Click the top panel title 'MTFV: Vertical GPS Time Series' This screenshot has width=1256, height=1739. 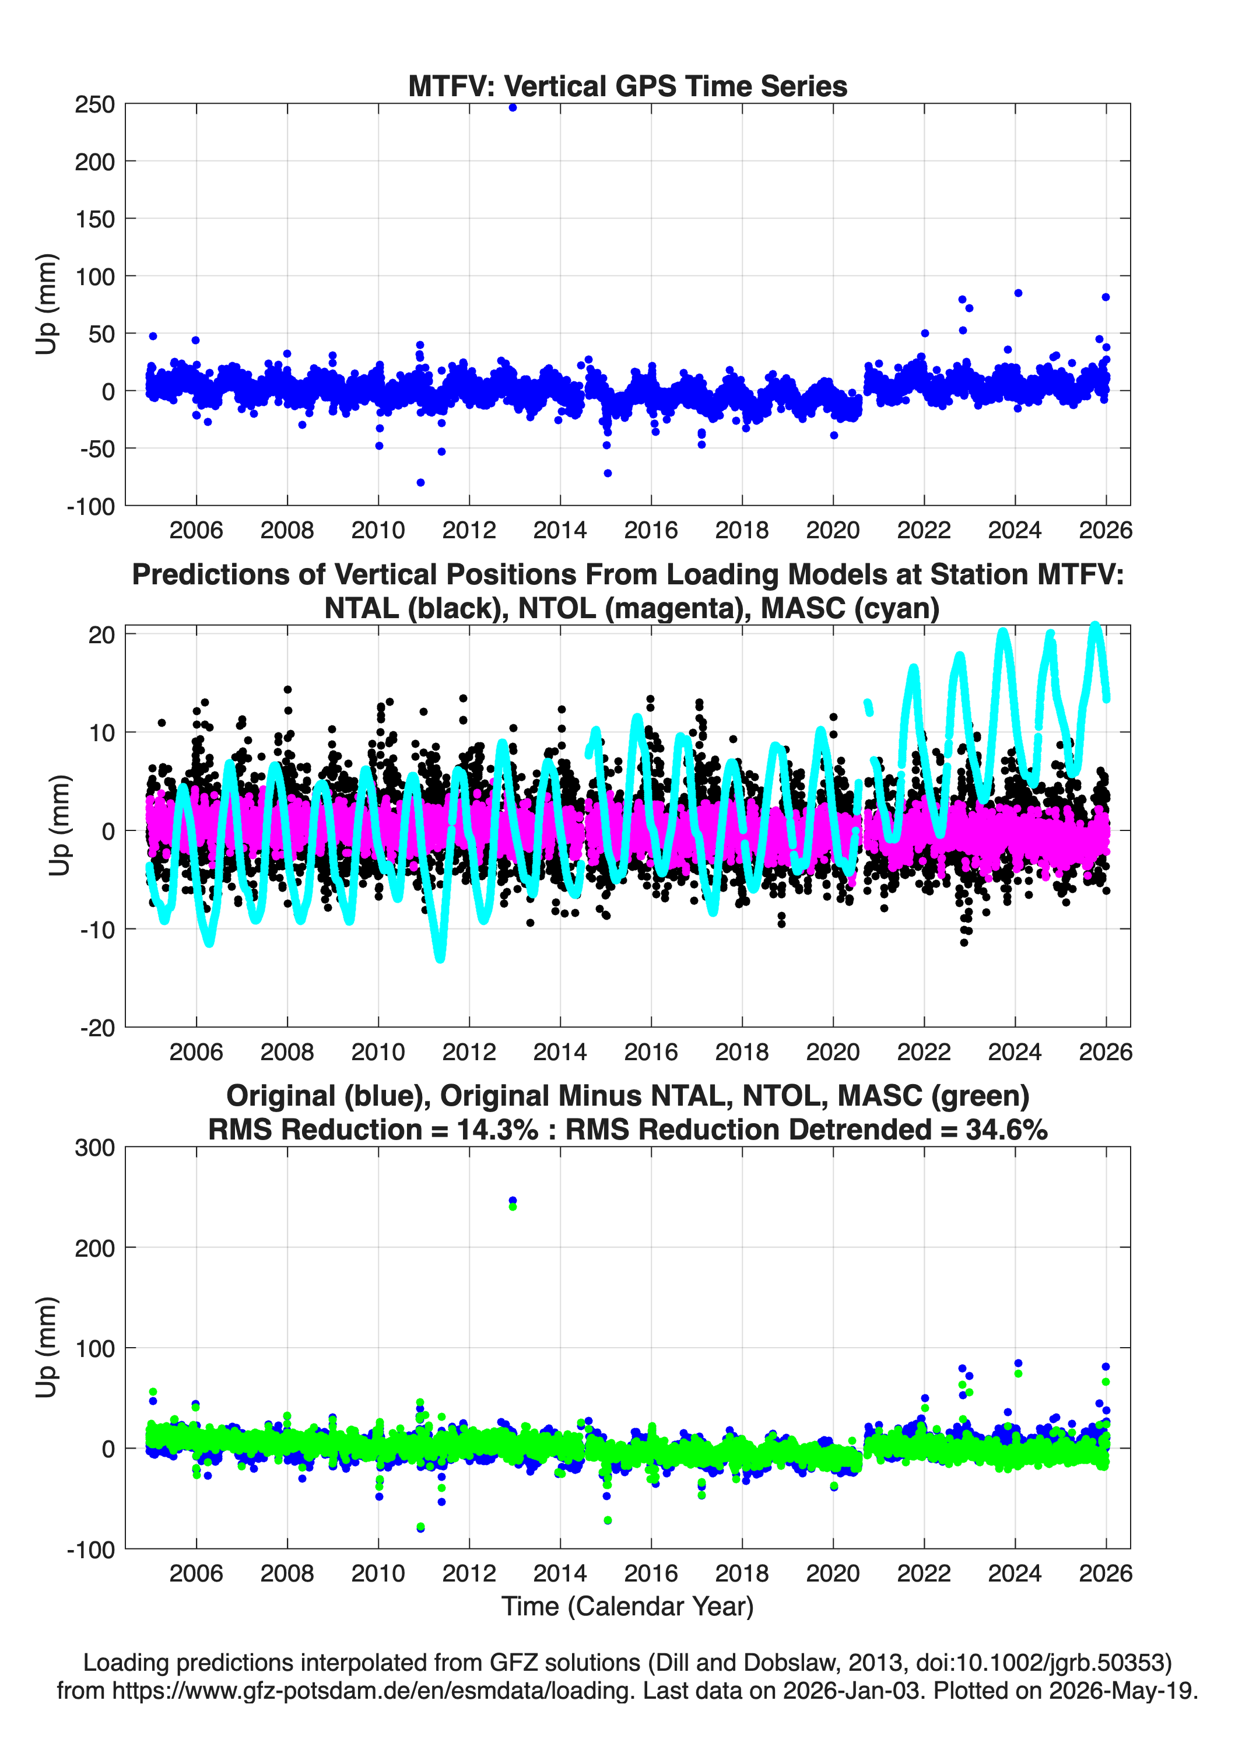(627, 86)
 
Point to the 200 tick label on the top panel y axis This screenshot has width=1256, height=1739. (94, 162)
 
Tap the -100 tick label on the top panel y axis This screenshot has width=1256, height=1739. (90, 507)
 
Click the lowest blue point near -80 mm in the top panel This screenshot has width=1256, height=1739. (420, 482)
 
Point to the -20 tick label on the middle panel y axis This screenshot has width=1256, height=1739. (97, 1028)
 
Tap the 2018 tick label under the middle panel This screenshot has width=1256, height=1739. (742, 1051)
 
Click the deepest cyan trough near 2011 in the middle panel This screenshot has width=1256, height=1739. (440, 957)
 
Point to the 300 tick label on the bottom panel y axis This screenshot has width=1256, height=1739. (94, 1148)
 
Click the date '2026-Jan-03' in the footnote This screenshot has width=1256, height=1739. (852, 1690)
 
